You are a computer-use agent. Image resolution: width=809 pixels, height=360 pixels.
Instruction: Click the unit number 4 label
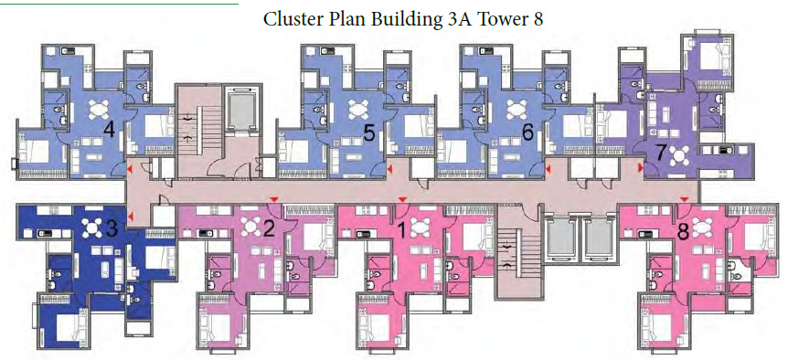pos(109,130)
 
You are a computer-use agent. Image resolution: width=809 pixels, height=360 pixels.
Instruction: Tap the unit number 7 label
pos(660,153)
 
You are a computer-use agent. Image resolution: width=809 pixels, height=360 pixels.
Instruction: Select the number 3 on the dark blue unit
pos(112,228)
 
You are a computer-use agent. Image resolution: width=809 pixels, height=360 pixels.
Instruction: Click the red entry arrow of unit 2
pos(272,198)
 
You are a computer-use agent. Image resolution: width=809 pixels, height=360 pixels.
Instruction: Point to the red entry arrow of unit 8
pos(685,199)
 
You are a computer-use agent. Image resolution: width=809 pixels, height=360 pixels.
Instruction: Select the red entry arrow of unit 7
pos(638,169)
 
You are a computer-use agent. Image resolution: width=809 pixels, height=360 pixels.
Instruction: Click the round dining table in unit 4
pos(96,107)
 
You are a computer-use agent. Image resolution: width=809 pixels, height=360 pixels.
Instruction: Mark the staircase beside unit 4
pos(191,129)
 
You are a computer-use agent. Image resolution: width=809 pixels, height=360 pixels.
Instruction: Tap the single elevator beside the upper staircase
pos(241,109)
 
